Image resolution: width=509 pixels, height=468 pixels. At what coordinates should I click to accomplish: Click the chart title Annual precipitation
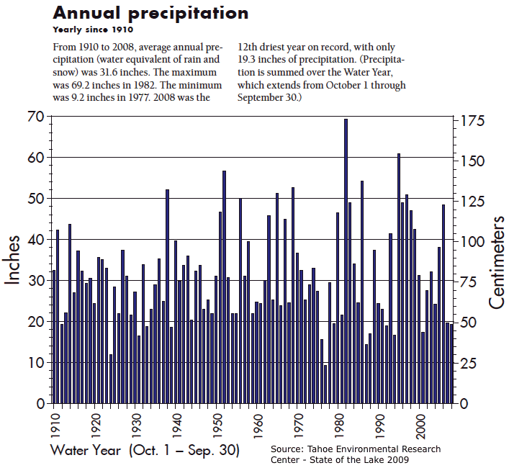click(x=150, y=13)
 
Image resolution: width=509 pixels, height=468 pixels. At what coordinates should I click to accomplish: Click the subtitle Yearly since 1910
click(x=93, y=30)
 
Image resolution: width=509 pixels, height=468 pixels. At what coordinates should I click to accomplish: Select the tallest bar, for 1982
click(x=346, y=261)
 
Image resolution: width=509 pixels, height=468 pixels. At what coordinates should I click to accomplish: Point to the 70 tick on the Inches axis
click(x=34, y=117)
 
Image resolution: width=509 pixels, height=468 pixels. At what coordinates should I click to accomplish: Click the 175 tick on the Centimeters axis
click(x=473, y=121)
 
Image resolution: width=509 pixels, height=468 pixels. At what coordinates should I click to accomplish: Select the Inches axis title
click(x=14, y=259)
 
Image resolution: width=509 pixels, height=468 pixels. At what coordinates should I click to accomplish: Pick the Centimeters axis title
click(x=496, y=259)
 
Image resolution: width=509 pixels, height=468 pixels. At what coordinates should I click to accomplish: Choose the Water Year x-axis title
click(x=145, y=451)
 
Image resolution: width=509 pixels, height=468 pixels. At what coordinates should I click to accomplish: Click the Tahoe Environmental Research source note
click(x=356, y=454)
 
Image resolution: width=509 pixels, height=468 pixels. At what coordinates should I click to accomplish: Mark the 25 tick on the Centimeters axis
click(x=469, y=363)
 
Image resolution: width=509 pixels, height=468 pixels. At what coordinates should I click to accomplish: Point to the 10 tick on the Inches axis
click(x=34, y=363)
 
